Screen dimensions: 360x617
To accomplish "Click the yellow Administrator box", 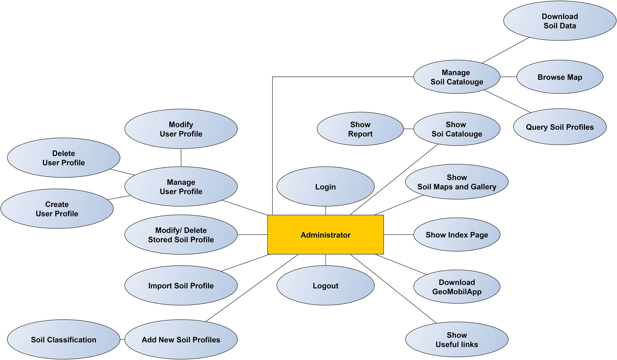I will pos(325,235).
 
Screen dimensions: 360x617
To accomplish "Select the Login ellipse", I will pos(325,186).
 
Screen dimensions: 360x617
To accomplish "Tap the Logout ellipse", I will pos(325,285).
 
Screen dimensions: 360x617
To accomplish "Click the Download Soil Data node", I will pos(559,21).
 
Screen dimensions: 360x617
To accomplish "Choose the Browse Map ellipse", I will pos(559,77).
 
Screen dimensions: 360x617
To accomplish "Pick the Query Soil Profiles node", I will pos(559,127).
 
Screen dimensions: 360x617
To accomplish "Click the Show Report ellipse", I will pos(360,129).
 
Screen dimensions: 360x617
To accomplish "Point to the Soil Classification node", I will pos(63,339).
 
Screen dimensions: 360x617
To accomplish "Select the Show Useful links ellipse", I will pos(456,339).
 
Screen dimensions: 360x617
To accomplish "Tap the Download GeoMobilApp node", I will pos(456,287).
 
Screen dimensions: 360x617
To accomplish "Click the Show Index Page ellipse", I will pos(456,235).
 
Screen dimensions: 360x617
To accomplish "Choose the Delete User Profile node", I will pos(63,157).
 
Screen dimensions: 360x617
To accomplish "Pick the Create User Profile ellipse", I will pos(57,209).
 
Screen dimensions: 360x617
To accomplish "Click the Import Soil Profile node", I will pos(181,285).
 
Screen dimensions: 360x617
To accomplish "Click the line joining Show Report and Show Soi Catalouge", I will pos(408,129).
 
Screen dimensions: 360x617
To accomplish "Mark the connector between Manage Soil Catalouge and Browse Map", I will pos(508,77).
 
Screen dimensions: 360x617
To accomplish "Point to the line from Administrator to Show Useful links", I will pos(393,288).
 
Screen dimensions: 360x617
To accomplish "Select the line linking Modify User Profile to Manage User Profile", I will pos(181,157).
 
